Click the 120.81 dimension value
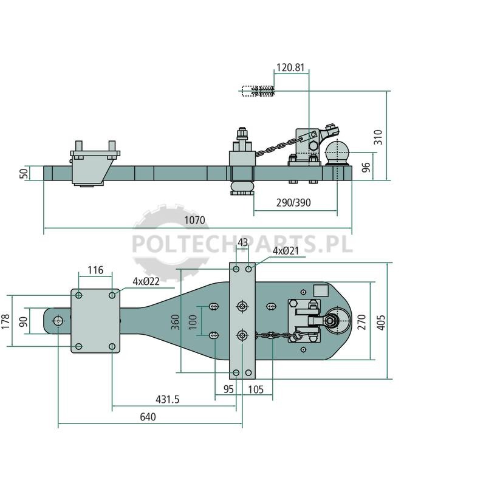click(x=290, y=67)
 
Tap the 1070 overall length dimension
click(x=194, y=221)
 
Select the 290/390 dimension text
click(x=293, y=203)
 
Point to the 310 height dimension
click(x=378, y=137)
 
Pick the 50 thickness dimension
click(x=24, y=173)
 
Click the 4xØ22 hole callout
click(x=146, y=281)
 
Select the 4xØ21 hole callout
click(x=286, y=251)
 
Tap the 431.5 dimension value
click(x=168, y=400)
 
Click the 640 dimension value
click(x=148, y=417)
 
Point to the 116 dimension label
click(x=95, y=270)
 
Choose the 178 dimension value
click(x=5, y=321)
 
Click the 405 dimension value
click(x=382, y=323)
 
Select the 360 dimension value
click(x=176, y=322)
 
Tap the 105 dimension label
click(x=256, y=389)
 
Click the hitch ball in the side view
click(x=337, y=152)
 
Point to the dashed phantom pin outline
click(x=258, y=91)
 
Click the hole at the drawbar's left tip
click(x=58, y=321)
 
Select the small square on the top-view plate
click(x=321, y=291)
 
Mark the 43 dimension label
click(x=242, y=242)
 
